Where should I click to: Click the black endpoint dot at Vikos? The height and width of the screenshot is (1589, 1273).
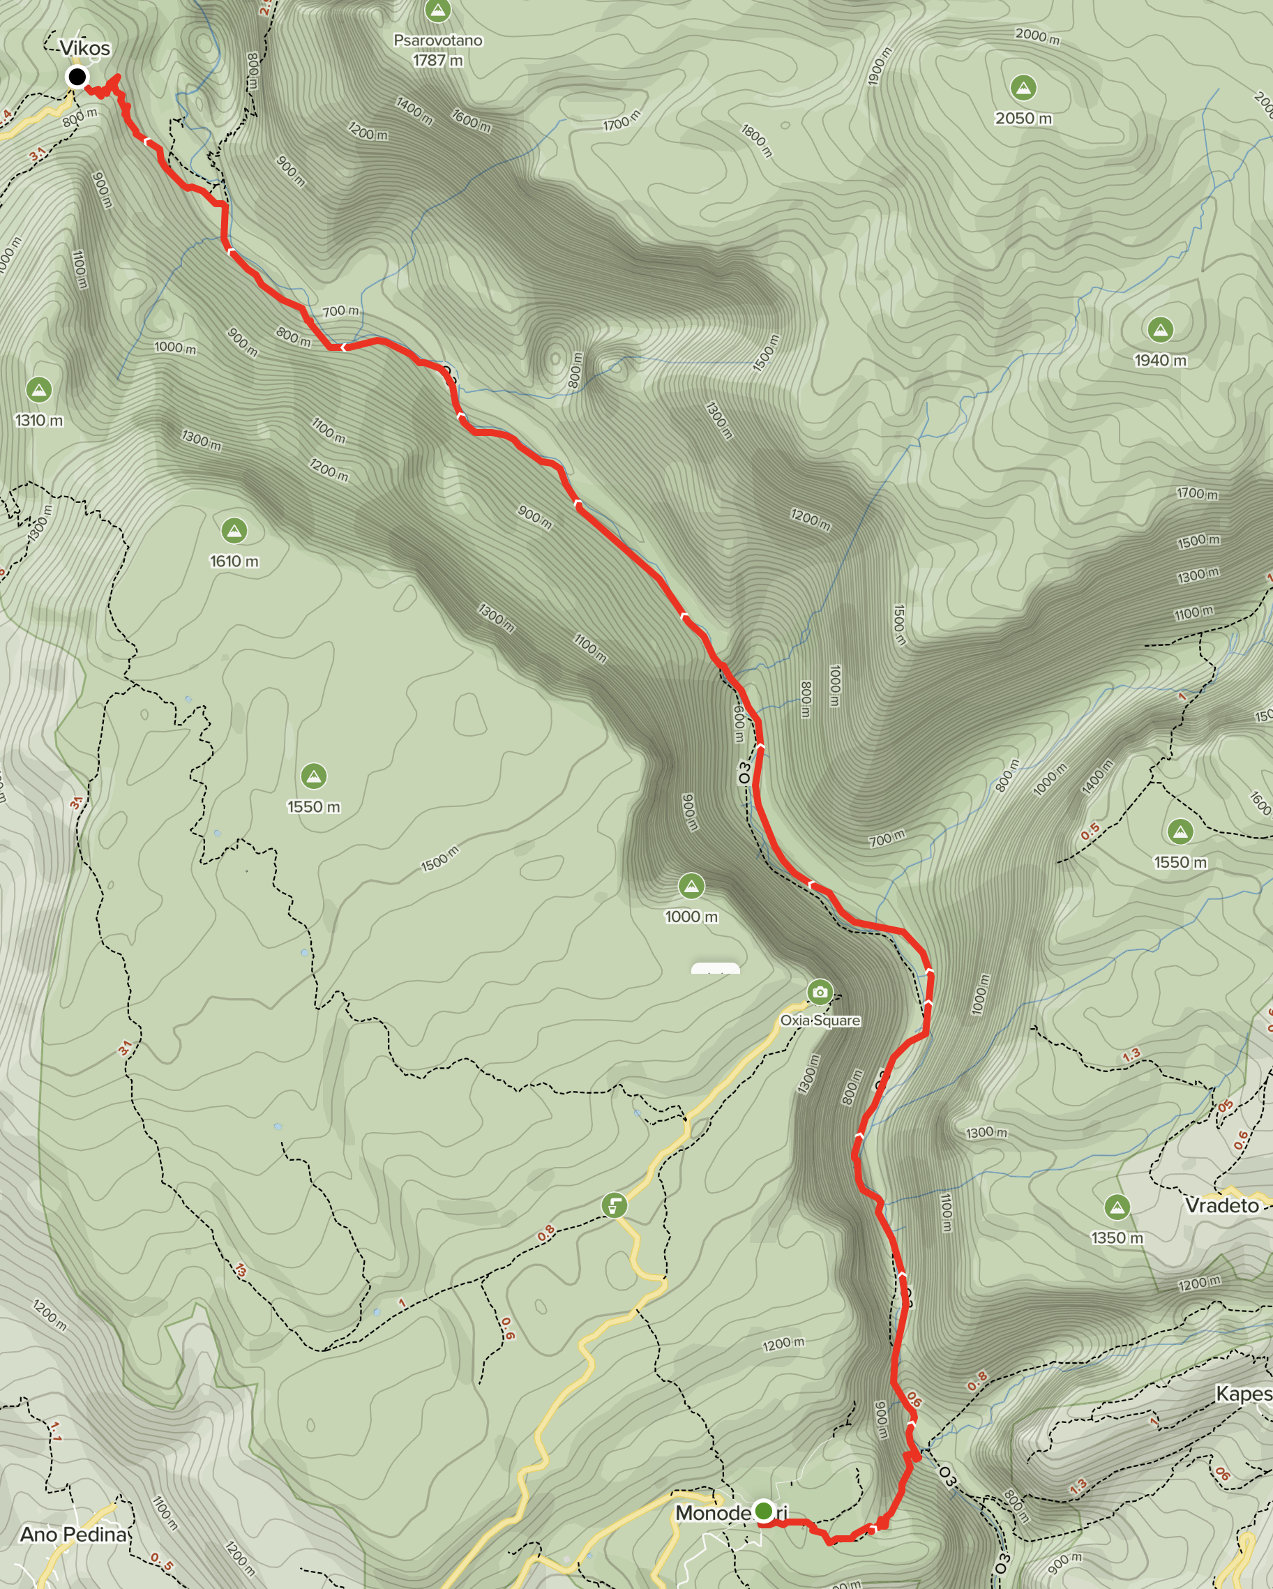click(77, 76)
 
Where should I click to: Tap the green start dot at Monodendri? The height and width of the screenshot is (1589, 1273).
click(764, 1511)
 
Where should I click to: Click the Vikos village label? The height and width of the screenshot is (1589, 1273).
click(85, 49)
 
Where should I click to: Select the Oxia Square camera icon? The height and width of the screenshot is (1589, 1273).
click(820, 992)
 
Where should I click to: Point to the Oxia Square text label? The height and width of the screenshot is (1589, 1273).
click(820, 1021)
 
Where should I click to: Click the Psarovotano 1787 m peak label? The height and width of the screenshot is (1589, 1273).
click(438, 50)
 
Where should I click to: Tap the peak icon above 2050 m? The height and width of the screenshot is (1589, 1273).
click(1023, 88)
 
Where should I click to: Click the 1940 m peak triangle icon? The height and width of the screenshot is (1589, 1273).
click(1160, 329)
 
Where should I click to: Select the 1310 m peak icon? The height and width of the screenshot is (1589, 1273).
click(38, 389)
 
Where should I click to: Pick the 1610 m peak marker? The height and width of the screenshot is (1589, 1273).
click(234, 530)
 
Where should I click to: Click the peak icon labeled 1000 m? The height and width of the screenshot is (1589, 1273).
click(691, 886)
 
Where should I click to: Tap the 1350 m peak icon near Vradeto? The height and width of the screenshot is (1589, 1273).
click(1117, 1207)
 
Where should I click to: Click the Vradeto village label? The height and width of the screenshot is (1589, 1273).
click(1221, 1206)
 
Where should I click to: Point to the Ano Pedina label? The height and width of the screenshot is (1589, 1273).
click(73, 1535)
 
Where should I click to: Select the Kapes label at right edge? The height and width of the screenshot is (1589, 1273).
click(1244, 1394)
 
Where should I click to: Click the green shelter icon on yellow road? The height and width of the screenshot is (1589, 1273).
click(614, 1206)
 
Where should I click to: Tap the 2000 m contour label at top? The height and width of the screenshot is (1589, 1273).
click(1037, 36)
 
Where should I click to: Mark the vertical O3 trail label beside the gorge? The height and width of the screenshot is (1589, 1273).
click(744, 773)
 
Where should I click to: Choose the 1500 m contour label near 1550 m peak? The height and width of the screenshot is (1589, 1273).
click(440, 859)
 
